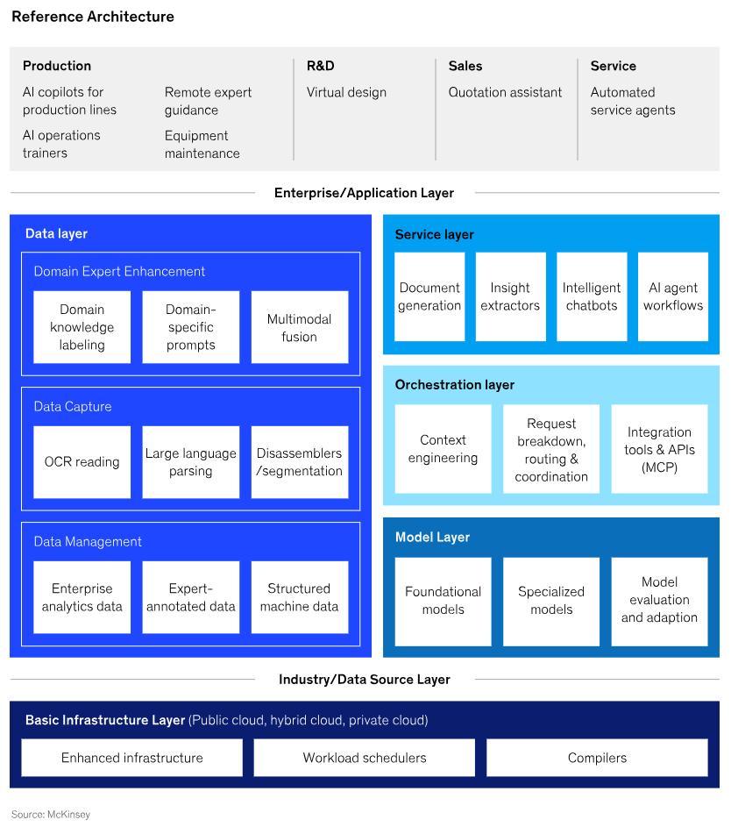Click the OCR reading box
point(82,462)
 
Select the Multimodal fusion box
point(299,327)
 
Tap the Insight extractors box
point(510,296)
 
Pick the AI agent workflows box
point(672,296)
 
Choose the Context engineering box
point(443,449)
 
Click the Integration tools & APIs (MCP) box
point(659,449)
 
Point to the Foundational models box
point(443,601)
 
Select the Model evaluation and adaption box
point(659,601)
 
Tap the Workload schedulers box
point(365,758)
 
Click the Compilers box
point(597,758)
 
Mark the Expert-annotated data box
point(190,597)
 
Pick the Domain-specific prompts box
point(190,327)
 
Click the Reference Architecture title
point(93,17)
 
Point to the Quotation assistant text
point(505,92)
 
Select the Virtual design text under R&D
point(346,92)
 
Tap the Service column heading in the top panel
point(613,66)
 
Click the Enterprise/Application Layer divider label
point(364,193)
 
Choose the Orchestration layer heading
point(454,385)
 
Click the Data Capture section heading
point(73,407)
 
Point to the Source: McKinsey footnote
point(51,815)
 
